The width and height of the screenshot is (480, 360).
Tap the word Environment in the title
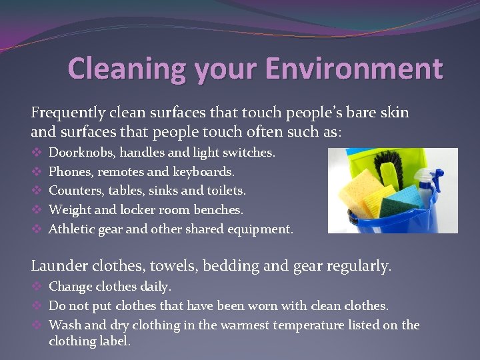pyautogui.click(x=353, y=69)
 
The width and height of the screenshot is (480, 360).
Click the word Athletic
pyautogui.click(x=71, y=229)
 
